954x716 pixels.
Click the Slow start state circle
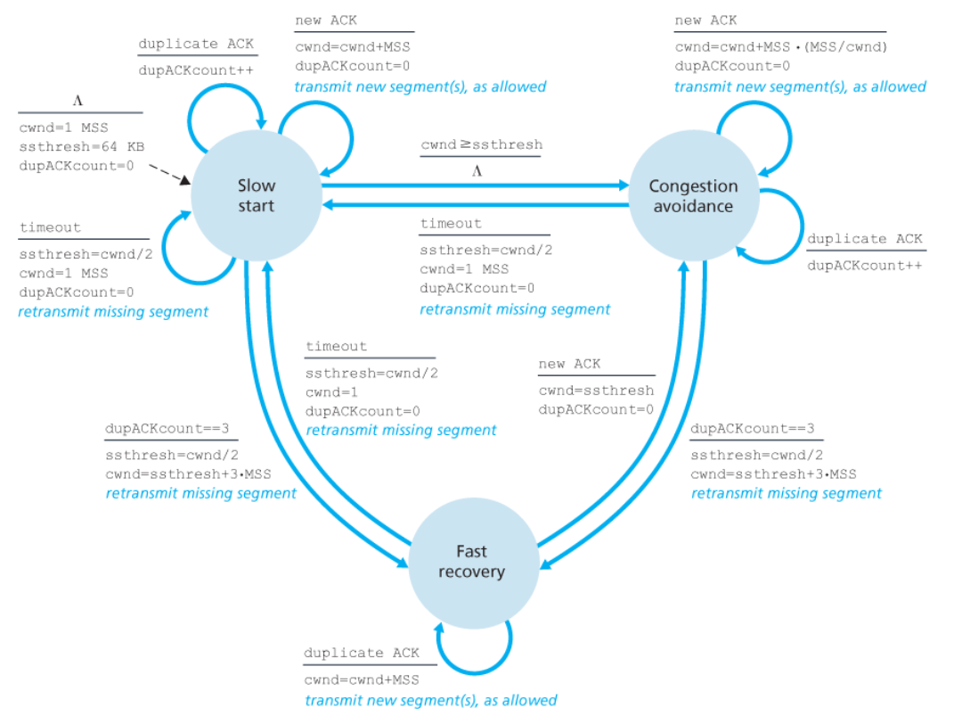[256, 195]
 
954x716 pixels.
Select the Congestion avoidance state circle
[693, 195]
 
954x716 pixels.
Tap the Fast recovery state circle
[471, 562]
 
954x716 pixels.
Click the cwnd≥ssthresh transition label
[481, 144]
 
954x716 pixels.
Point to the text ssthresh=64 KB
[81, 146]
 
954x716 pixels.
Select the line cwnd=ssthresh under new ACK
[596, 391]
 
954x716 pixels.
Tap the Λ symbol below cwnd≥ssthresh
[477, 170]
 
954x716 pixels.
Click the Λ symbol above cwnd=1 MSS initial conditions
[77, 99]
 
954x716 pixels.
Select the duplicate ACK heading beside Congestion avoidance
[864, 239]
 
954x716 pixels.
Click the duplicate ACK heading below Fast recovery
[361, 654]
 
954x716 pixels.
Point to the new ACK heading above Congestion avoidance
[705, 21]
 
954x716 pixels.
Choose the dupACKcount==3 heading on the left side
[167, 429]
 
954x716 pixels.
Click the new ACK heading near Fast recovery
[569, 364]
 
